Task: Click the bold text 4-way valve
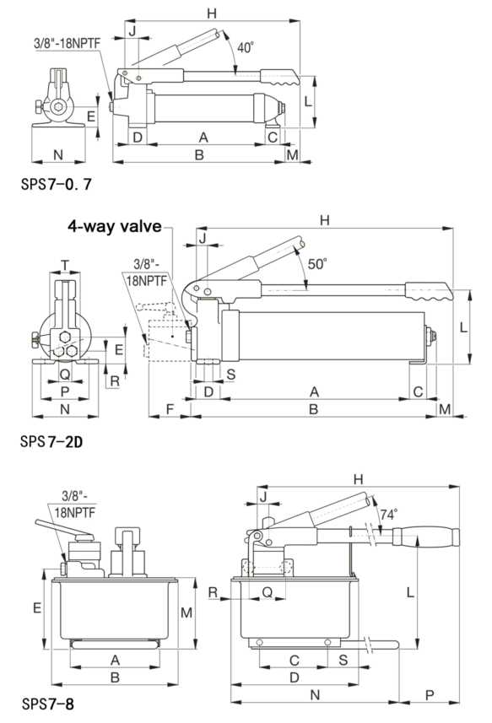click(x=118, y=225)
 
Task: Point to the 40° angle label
click(x=244, y=48)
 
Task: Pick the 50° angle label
click(x=318, y=262)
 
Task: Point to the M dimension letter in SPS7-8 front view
click(x=187, y=611)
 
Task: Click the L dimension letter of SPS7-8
click(x=411, y=592)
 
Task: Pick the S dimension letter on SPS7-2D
click(x=230, y=372)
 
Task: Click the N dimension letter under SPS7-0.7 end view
click(x=57, y=154)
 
